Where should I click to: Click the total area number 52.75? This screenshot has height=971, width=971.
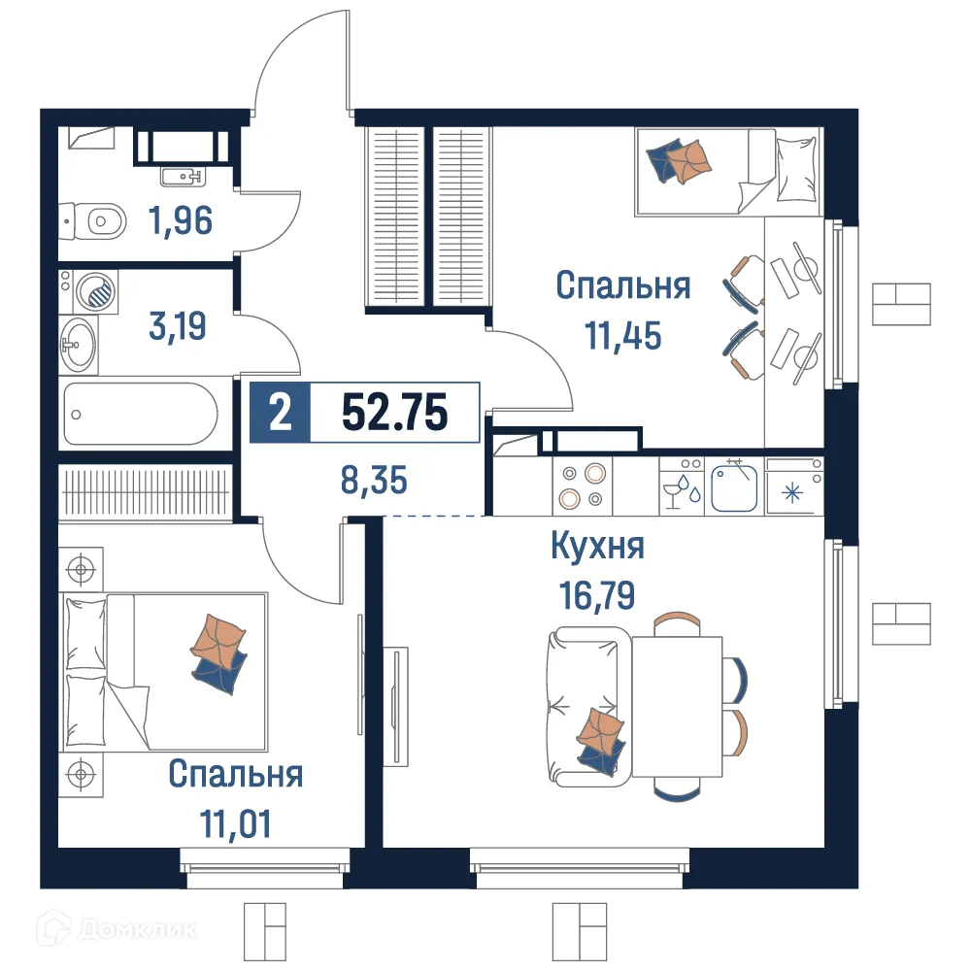point(394,414)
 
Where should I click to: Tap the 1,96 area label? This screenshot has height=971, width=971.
point(181,221)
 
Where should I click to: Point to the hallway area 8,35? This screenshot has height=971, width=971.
point(374,479)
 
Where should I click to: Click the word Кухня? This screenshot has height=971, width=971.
point(597,547)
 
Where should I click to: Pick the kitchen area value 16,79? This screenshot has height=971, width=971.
point(597,593)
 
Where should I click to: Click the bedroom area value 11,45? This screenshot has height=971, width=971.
point(622,335)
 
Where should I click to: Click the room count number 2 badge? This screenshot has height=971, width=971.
point(280,414)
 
